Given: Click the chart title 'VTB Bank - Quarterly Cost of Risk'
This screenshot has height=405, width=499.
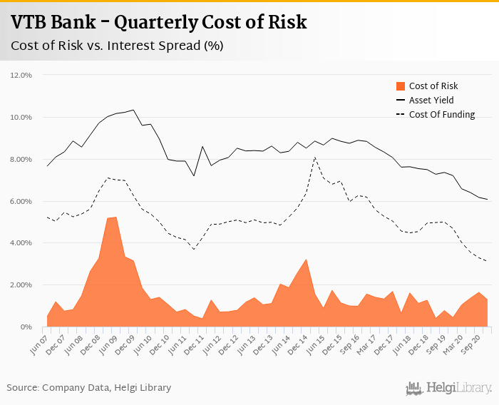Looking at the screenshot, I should coord(159,22).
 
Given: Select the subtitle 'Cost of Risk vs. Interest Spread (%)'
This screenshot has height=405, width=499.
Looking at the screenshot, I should coord(117,46).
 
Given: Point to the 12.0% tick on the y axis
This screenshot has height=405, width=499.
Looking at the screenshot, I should coord(21,75).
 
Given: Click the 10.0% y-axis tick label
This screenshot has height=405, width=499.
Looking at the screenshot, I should coord(21,117).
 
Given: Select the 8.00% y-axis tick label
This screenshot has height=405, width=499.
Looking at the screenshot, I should coord(21,159).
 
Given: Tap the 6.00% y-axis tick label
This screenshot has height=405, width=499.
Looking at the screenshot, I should coord(21,201).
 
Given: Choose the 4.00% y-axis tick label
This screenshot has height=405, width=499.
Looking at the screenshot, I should coord(21,243).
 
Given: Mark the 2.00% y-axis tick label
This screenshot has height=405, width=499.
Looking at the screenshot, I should coord(21,285).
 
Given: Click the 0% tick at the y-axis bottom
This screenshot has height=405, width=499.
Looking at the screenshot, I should coord(28,327).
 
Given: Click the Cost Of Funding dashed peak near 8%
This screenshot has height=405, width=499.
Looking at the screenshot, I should coord(315,158).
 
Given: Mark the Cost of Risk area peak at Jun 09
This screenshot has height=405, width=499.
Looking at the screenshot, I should coord(115,217).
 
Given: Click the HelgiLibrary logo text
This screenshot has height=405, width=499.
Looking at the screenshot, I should coord(456,388).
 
